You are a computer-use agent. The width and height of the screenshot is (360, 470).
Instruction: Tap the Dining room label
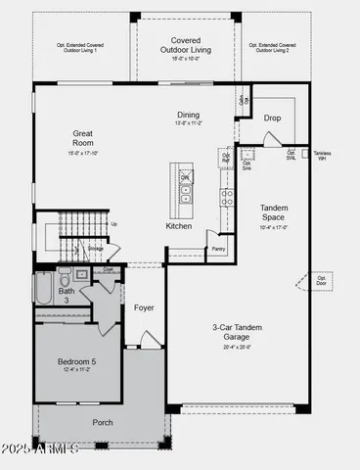(188, 115)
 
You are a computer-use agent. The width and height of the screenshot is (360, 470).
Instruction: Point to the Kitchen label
(179, 226)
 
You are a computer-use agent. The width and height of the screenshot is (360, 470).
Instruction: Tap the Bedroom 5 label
(76, 361)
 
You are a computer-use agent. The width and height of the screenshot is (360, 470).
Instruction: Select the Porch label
(102, 422)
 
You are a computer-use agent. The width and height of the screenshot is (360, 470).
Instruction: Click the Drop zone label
(273, 117)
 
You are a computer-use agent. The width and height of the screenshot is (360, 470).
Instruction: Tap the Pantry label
(219, 249)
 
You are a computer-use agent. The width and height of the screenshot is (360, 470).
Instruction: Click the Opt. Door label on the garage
(322, 280)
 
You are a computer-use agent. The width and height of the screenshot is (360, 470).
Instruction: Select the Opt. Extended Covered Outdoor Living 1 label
(81, 48)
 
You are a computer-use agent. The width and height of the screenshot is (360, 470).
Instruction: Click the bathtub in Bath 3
(43, 290)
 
